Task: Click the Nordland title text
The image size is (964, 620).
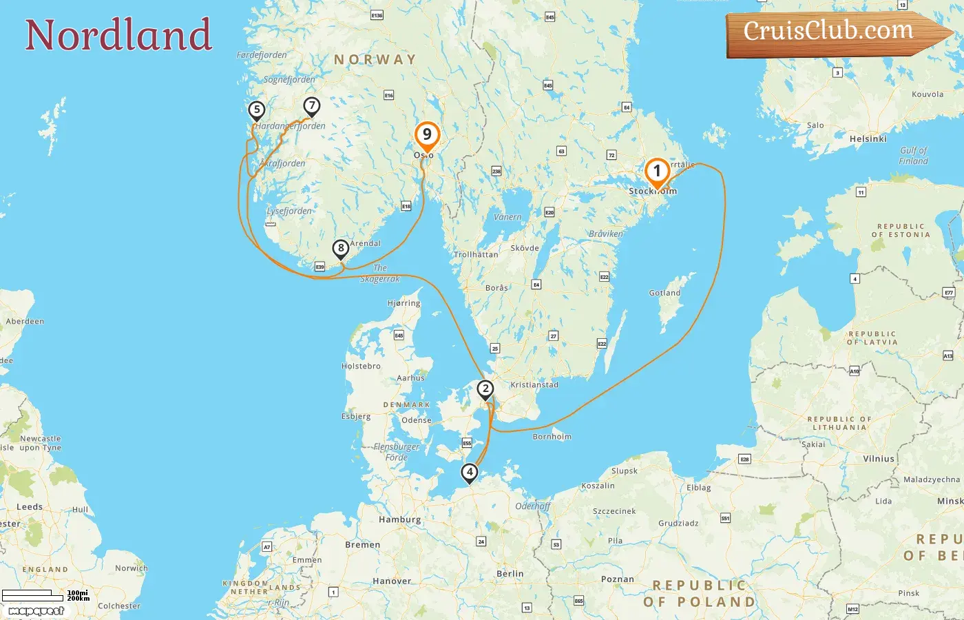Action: pos(118,35)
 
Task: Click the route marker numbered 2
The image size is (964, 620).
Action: pos(485,390)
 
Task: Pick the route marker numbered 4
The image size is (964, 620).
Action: pos(470,473)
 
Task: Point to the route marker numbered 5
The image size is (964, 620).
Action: pos(257,110)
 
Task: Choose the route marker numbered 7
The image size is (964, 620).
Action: pos(312,106)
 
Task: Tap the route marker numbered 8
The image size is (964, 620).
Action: pos(341,249)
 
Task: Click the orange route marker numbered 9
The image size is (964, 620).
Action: pos(427,136)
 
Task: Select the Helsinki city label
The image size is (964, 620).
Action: pos(868,138)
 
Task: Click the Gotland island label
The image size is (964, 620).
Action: pos(664,293)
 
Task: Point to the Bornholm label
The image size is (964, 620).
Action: pos(552,437)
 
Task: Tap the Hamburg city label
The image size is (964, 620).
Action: pos(399,519)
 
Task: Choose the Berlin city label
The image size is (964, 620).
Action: pos(510,573)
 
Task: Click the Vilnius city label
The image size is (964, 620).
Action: pos(879,458)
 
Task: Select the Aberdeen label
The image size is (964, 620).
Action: pos(25,321)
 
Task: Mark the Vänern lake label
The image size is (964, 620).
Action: pos(507,217)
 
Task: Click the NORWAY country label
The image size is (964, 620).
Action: pos(375,60)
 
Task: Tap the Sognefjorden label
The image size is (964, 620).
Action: pos(289,80)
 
